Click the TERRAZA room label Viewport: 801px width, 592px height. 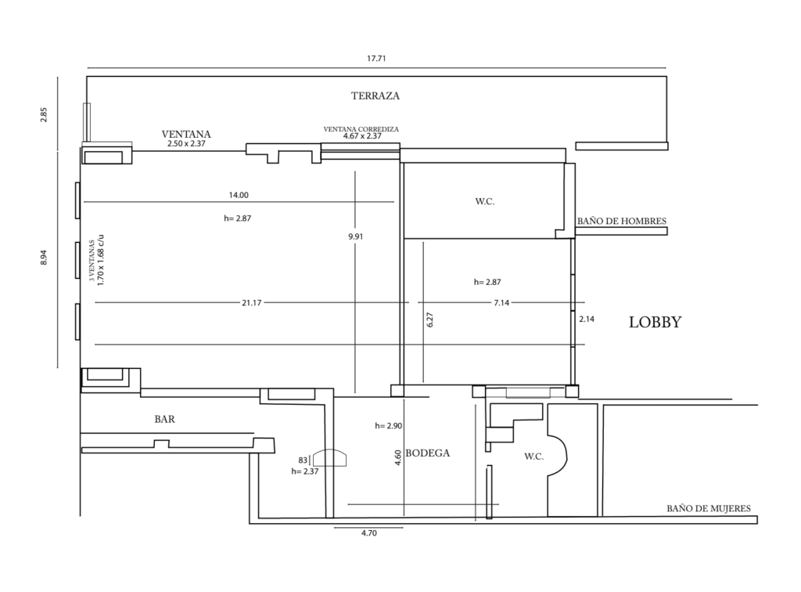pyautogui.click(x=375, y=96)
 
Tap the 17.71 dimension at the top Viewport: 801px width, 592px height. pyautogui.click(x=376, y=58)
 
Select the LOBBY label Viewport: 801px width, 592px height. pyautogui.click(x=655, y=322)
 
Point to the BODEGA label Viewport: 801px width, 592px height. pyautogui.click(x=428, y=453)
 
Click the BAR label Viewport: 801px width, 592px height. pyautogui.click(x=164, y=419)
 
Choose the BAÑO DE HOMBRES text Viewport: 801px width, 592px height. pyautogui.click(x=622, y=222)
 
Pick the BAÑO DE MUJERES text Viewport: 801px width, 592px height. pyautogui.click(x=709, y=509)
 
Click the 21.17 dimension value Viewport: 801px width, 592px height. pyautogui.click(x=252, y=302)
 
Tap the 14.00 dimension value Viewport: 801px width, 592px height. pyautogui.click(x=239, y=195)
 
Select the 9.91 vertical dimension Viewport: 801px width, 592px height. pyautogui.click(x=356, y=236)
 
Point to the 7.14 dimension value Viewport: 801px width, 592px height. pyautogui.click(x=501, y=302)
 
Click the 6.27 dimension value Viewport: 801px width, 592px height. pyautogui.click(x=429, y=320)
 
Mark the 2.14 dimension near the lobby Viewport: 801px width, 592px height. pyautogui.click(x=587, y=319)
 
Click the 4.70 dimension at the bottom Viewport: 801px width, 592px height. pyautogui.click(x=369, y=533)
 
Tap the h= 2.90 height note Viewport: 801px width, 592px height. pyautogui.click(x=388, y=425)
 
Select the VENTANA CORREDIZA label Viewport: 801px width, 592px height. pyautogui.click(x=361, y=129)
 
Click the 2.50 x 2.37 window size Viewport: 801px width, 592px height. pyautogui.click(x=186, y=143)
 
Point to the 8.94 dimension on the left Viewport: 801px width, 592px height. pyautogui.click(x=44, y=257)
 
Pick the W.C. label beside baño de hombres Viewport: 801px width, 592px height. pyautogui.click(x=485, y=201)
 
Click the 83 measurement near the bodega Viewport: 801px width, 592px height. pyautogui.click(x=303, y=460)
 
